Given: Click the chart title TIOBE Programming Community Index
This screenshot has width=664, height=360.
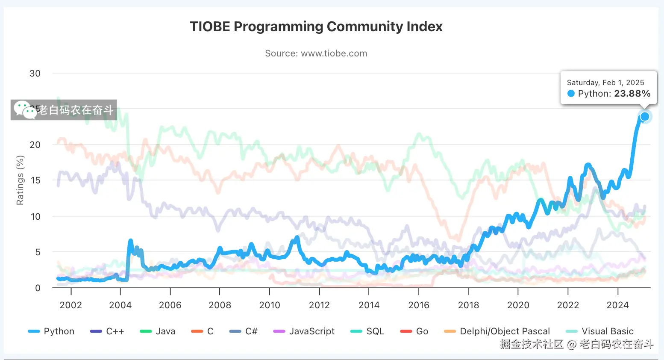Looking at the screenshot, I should pyautogui.click(x=316, y=27).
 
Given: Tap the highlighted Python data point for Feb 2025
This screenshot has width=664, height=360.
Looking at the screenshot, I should pyautogui.click(x=645, y=116).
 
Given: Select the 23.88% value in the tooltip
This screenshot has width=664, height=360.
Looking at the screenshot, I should pyautogui.click(x=632, y=94).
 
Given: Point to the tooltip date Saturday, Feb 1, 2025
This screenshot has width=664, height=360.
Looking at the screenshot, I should pyautogui.click(x=605, y=83).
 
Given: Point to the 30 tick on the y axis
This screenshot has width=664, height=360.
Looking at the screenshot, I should pyautogui.click(x=35, y=74).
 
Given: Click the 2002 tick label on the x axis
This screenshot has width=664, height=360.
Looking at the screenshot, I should pyautogui.click(x=71, y=305).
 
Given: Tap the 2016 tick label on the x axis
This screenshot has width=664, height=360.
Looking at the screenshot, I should pyautogui.click(x=419, y=305).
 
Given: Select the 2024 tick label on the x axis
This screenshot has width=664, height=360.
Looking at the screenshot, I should pyautogui.click(x=617, y=305).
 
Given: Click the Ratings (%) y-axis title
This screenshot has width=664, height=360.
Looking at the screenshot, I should pyautogui.click(x=20, y=180).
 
